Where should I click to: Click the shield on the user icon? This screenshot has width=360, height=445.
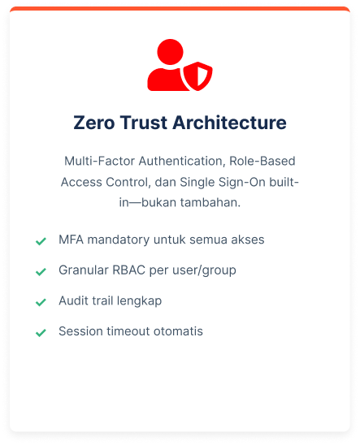pos(198,76)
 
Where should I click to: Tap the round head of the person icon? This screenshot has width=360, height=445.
pos(170,52)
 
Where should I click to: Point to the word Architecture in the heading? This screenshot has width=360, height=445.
pos(229,123)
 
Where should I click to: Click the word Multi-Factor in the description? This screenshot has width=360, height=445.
pos(99,161)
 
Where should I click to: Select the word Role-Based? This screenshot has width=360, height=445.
pos(262,161)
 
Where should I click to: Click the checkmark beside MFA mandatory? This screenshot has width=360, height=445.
pos(41,241)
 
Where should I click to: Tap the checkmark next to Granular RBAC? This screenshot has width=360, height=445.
pos(41,272)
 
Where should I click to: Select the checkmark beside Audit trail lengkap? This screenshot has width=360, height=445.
pos(41,303)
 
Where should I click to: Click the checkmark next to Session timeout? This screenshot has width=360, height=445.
pos(41,333)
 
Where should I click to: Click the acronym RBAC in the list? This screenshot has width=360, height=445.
pos(129,270)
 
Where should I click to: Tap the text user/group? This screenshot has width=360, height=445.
pos(204,270)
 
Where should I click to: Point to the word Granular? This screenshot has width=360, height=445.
pos(84,270)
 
